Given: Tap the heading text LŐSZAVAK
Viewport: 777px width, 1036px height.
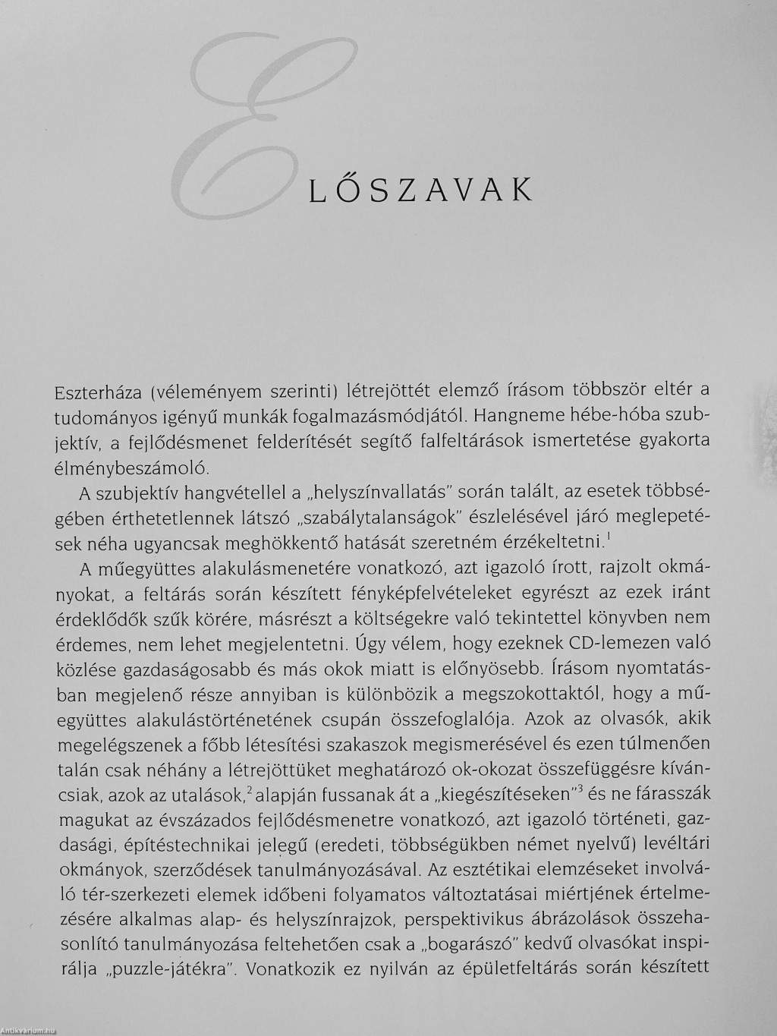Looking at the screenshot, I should [421, 191].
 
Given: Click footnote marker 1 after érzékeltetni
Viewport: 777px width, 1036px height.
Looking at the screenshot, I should [609, 537].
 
